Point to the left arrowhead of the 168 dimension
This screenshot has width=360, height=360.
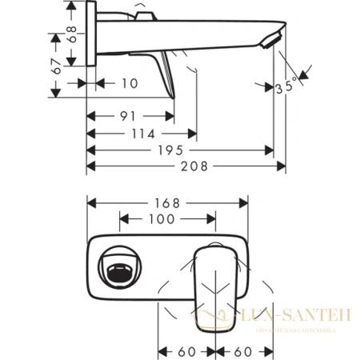[89, 202]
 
